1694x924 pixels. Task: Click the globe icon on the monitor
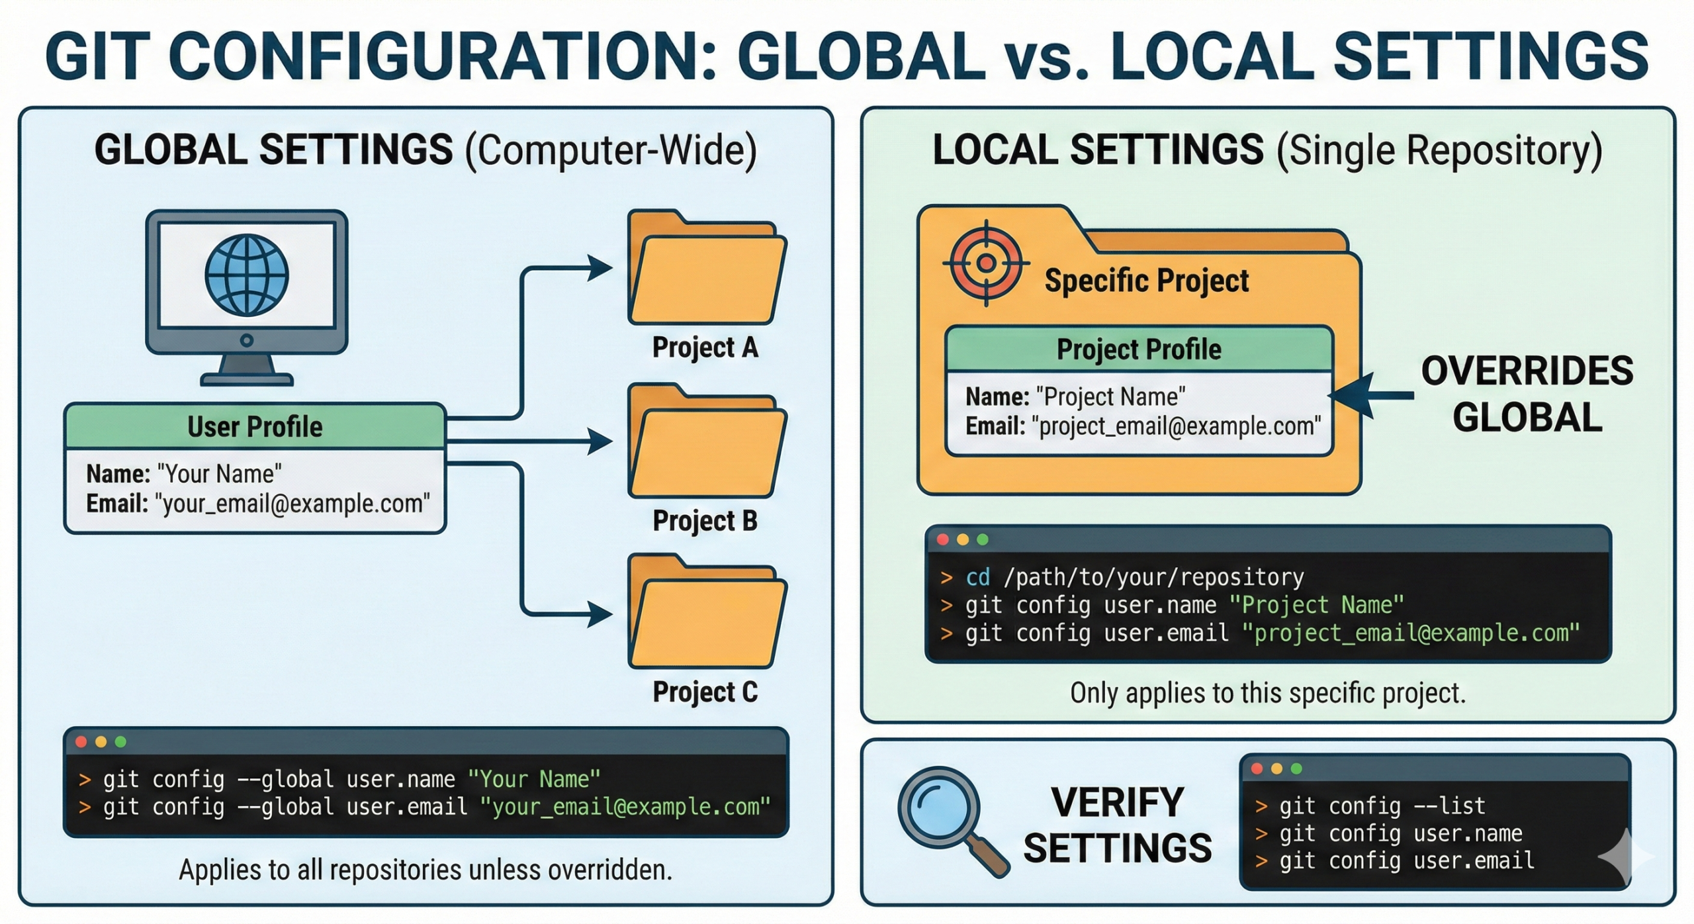[x=246, y=274]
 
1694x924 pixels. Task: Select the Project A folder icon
[x=707, y=271]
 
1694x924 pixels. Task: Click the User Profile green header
[x=255, y=427]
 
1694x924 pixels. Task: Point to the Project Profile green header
[x=1138, y=349]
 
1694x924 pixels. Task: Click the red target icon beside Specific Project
[x=986, y=263]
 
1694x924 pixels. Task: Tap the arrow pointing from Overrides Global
[x=1370, y=396]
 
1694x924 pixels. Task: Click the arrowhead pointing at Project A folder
[x=601, y=268]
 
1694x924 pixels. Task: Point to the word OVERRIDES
[x=1527, y=371]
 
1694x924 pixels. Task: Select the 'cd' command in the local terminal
[x=977, y=577]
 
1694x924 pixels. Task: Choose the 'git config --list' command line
[x=1382, y=806]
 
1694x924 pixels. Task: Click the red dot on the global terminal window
[x=81, y=741]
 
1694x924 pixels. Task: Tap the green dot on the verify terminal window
[x=1296, y=768]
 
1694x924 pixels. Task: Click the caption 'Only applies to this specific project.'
[x=1268, y=693]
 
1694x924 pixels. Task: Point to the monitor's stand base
[x=247, y=379]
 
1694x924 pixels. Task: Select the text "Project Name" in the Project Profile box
[x=1110, y=397]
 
